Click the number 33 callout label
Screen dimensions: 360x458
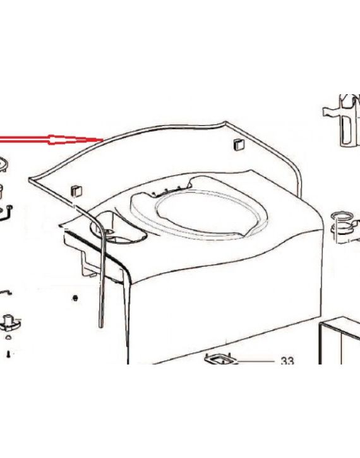(287, 361)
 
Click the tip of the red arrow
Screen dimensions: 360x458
(103, 140)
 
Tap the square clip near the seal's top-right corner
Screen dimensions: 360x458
(239, 144)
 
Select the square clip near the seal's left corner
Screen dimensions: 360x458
(76, 191)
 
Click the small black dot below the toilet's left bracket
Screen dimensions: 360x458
(75, 298)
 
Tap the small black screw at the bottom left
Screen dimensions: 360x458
(8, 354)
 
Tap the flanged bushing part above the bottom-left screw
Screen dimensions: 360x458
(11, 323)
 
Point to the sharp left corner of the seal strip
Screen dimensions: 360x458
(29, 179)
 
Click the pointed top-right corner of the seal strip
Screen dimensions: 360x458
(225, 122)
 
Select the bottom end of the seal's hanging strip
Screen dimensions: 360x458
(100, 326)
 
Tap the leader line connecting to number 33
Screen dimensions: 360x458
(256, 362)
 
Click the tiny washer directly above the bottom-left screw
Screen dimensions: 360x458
(8, 337)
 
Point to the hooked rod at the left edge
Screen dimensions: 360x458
(8, 212)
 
